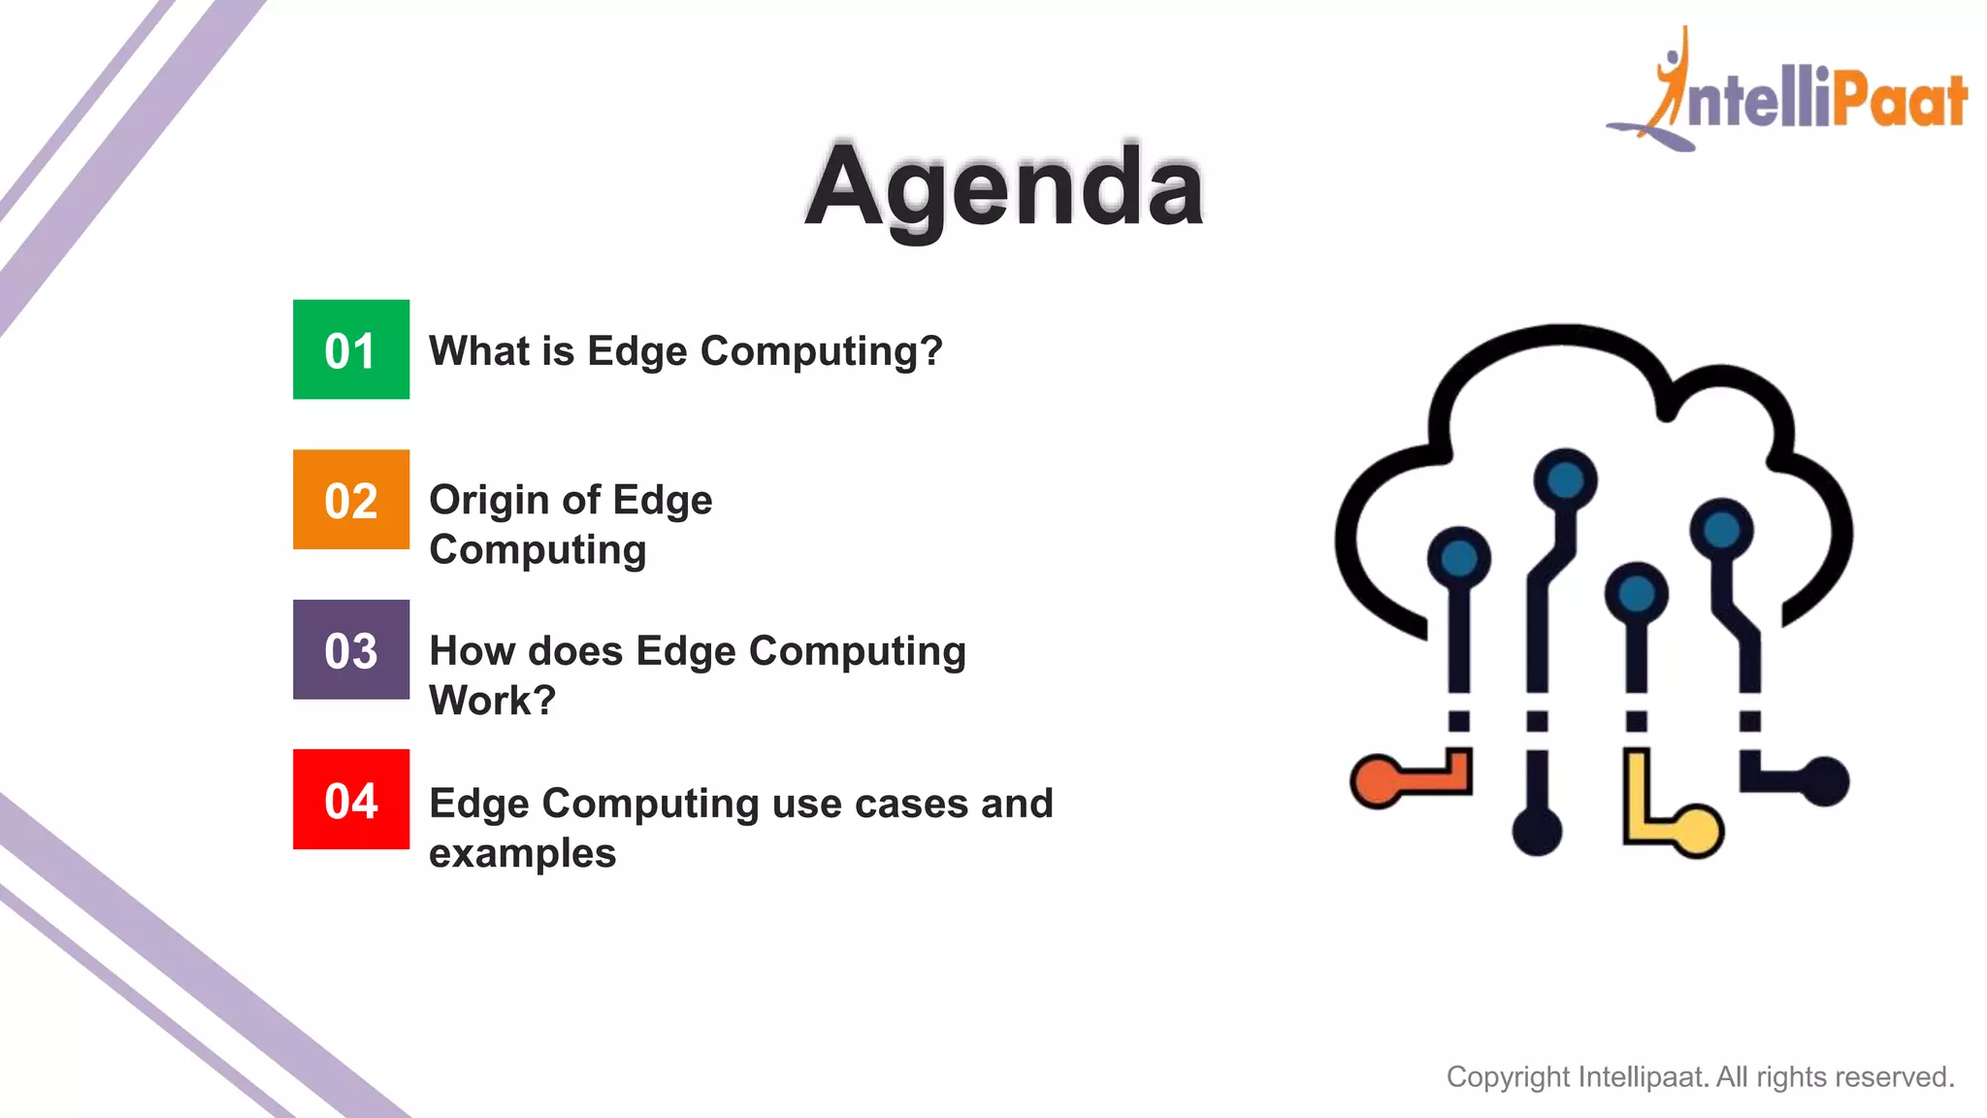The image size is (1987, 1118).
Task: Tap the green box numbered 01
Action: pos(351,349)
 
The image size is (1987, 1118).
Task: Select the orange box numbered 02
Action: pos(351,500)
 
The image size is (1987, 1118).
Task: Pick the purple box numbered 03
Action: pos(351,649)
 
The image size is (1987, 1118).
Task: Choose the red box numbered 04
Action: pos(351,800)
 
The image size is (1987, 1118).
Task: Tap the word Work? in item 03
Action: pos(493,701)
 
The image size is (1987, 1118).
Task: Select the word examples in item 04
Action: pos(522,854)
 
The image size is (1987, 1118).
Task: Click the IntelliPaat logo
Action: pos(1790,92)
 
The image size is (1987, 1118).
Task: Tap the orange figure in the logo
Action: pos(1671,82)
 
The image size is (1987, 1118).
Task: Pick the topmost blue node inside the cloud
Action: pos(1565,479)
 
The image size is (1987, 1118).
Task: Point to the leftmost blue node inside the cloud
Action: pos(1458,558)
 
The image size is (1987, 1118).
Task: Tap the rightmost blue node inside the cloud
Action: pos(1721,530)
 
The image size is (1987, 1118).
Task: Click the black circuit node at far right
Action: pos(1825,780)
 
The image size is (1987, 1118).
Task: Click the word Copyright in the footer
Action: pos(1508,1077)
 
